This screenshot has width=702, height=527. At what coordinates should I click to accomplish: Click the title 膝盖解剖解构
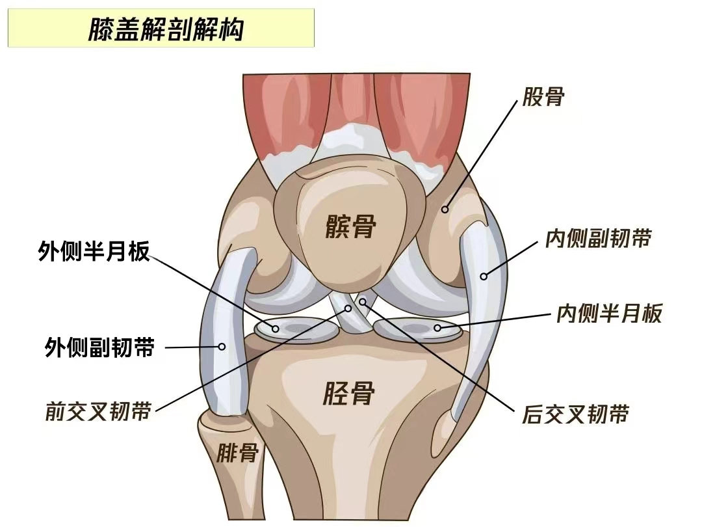(x=165, y=29)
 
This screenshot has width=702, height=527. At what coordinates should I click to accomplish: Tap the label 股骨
(x=543, y=97)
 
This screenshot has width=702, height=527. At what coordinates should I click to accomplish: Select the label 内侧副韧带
(x=598, y=238)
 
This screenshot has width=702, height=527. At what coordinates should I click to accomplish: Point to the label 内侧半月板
(x=609, y=313)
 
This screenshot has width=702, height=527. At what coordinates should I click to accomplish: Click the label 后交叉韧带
(x=575, y=414)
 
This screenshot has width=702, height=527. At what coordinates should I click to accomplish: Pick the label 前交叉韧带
(x=99, y=411)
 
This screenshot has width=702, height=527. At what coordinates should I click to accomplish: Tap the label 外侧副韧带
(x=99, y=347)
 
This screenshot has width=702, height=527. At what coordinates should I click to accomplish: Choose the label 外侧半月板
(x=94, y=251)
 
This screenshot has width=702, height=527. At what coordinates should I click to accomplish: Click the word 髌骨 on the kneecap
(x=350, y=226)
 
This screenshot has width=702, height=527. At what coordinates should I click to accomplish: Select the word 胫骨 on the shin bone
(x=348, y=394)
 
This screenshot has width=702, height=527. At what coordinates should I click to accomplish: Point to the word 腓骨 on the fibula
(x=238, y=453)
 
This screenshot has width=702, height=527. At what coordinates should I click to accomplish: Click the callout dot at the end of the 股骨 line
(x=445, y=209)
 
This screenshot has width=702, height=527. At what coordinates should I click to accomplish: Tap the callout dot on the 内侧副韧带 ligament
(x=484, y=277)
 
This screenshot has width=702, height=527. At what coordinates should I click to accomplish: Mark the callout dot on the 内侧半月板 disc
(x=437, y=328)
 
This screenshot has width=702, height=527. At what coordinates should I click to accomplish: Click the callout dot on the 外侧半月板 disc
(x=276, y=329)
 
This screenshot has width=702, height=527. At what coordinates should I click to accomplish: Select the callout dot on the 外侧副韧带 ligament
(x=222, y=346)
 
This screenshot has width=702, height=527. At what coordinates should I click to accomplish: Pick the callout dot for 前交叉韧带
(x=348, y=308)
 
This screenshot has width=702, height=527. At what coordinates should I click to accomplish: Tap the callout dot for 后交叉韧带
(x=363, y=302)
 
